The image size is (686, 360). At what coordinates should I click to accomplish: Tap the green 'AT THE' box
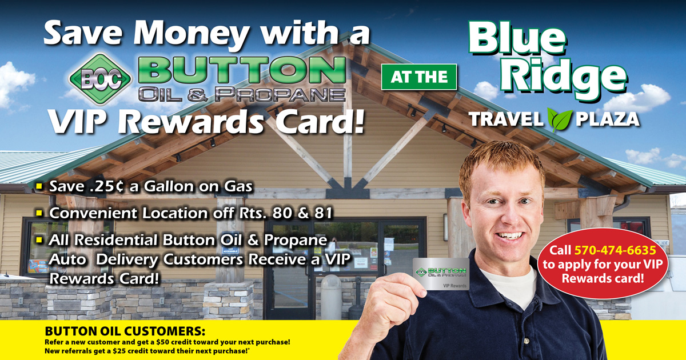(419, 77)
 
